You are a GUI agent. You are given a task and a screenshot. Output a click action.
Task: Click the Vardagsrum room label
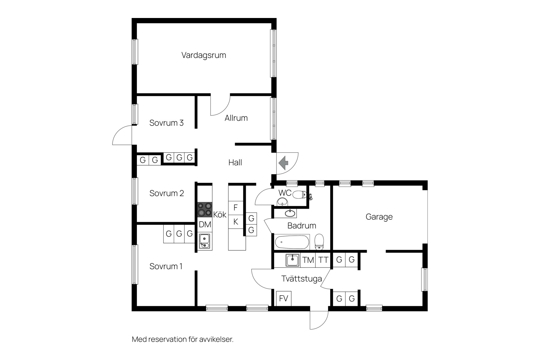(x=204, y=55)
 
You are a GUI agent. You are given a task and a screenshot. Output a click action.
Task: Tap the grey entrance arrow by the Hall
(x=283, y=163)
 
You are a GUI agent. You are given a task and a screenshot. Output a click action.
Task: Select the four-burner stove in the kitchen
(x=205, y=210)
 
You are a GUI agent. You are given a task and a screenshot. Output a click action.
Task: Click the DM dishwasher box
(x=205, y=224)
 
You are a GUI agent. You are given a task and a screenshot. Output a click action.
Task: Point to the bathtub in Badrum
(x=292, y=242)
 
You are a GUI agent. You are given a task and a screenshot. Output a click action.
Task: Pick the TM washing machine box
(x=308, y=260)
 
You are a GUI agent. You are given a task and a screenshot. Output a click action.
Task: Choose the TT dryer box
(x=323, y=260)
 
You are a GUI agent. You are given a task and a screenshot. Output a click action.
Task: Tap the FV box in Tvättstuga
(x=283, y=298)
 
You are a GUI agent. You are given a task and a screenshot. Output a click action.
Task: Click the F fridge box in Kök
(x=236, y=208)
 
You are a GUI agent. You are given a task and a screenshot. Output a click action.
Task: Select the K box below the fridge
(x=236, y=222)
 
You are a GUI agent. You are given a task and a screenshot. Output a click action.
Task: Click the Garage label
(x=379, y=217)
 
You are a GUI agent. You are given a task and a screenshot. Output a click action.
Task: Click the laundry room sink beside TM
(x=293, y=260)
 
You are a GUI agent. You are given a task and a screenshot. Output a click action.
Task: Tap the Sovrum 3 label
(x=166, y=123)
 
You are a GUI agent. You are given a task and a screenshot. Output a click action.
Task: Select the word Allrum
(x=236, y=118)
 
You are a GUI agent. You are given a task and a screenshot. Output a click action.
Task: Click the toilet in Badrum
(x=319, y=242)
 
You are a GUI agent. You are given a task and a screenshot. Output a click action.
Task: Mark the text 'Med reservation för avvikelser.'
(x=183, y=339)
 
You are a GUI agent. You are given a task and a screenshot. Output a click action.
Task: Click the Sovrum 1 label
(x=166, y=266)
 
